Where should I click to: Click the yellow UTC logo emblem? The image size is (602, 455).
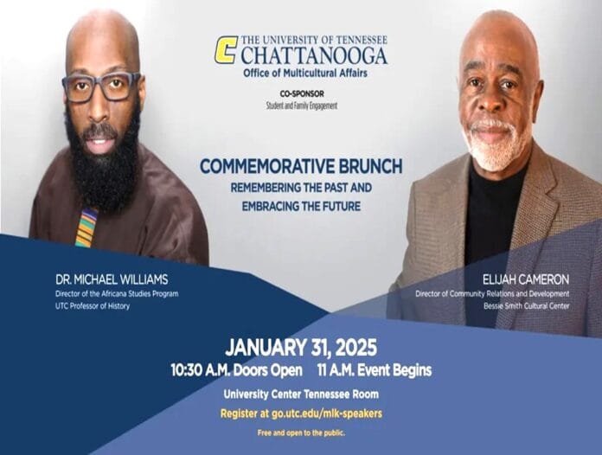(x=226, y=49)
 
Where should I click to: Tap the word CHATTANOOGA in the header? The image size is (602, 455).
(x=314, y=55)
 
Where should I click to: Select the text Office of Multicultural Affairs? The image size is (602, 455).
(x=305, y=73)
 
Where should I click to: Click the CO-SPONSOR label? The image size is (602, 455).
(x=302, y=93)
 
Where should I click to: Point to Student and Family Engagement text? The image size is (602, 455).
(x=302, y=106)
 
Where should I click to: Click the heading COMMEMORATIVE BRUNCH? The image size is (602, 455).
(x=301, y=166)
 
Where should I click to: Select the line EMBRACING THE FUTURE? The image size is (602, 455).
(x=301, y=206)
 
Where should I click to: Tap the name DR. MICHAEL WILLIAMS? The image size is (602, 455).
(x=112, y=279)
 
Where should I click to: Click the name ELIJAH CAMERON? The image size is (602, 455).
(x=526, y=279)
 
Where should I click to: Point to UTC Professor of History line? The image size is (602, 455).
(x=93, y=306)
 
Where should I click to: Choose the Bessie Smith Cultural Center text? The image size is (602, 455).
(x=527, y=306)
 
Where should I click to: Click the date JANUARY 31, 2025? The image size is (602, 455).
(x=301, y=348)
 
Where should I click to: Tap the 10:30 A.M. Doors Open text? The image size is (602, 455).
(x=236, y=370)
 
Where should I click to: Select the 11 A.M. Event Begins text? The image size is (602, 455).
(x=375, y=370)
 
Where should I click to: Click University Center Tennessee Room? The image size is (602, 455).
(x=301, y=394)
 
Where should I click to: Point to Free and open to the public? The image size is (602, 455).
(x=301, y=433)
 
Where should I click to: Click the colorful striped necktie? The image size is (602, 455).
(x=86, y=227)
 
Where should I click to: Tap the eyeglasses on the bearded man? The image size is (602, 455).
(x=102, y=86)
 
